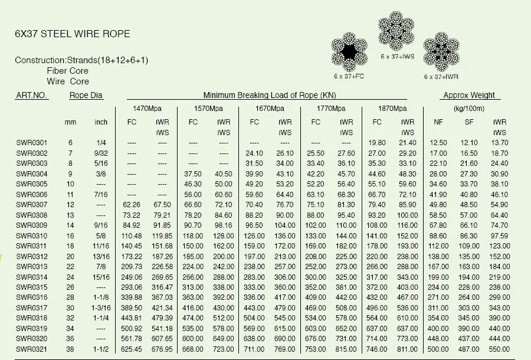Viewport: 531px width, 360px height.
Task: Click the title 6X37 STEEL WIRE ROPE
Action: [73, 34]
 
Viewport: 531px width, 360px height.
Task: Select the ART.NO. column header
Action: [32, 95]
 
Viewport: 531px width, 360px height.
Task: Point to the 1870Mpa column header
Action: [392, 109]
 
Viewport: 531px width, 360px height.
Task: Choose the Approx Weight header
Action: [468, 95]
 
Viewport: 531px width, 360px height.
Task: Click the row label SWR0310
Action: [32, 235]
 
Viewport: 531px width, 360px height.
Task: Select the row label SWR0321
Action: [32, 348]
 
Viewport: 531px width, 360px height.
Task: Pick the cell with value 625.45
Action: [132, 348]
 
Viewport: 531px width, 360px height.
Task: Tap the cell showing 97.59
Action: [499, 235]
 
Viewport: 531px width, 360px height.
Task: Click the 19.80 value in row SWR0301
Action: [377, 143]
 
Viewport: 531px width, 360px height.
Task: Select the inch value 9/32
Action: [101, 153]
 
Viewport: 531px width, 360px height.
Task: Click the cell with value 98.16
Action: [224, 225]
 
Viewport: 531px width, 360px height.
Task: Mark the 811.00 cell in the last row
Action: [408, 348]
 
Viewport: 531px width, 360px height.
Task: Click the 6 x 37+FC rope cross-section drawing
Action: [349, 52]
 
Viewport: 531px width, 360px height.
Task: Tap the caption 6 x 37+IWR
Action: [441, 77]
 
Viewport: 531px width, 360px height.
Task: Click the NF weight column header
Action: [438, 122]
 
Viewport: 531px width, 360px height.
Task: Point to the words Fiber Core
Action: [68, 71]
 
